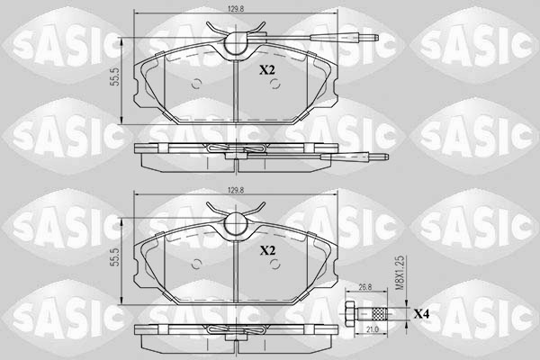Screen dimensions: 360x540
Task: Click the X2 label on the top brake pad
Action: point(267,69)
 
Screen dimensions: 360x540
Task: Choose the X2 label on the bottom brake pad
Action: point(267,251)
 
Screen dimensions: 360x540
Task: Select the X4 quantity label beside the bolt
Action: point(422,314)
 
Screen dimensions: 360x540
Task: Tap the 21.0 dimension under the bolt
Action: point(372,332)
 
